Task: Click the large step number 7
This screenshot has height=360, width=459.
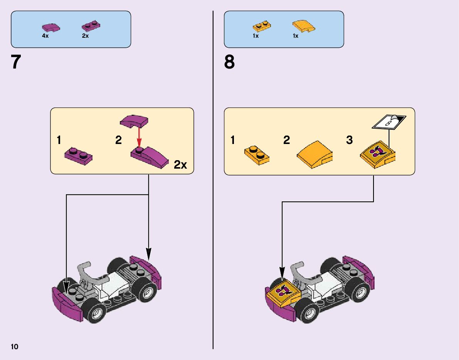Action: [x=16, y=62]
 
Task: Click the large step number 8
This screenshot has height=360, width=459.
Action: [x=229, y=62]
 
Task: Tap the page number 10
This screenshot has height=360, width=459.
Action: [x=15, y=347]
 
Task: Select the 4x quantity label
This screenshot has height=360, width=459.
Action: [x=45, y=36]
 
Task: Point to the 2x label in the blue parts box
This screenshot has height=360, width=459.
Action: [x=85, y=36]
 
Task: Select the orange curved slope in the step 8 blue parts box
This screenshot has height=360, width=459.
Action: [x=304, y=27]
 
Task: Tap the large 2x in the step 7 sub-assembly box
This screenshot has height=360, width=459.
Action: [x=180, y=165]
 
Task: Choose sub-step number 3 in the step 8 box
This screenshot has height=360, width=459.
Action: [x=349, y=140]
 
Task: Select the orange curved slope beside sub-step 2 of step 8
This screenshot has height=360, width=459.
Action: [x=315, y=155]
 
